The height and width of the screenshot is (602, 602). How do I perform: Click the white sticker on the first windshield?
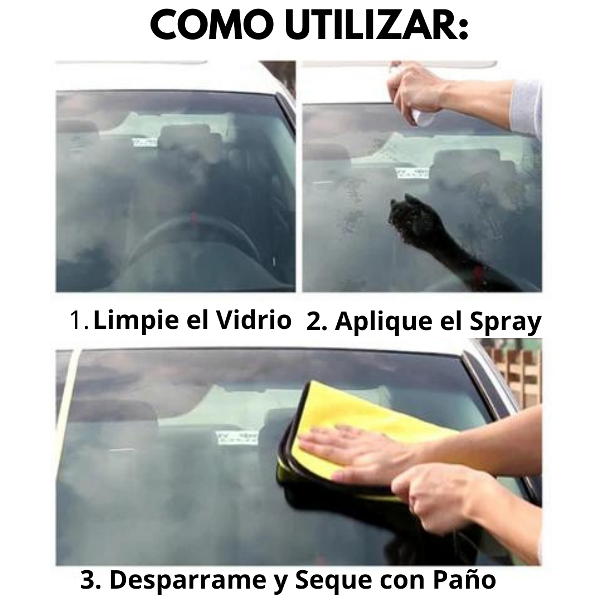(x=144, y=142)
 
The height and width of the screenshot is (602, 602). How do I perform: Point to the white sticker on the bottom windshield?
(x=237, y=437)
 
